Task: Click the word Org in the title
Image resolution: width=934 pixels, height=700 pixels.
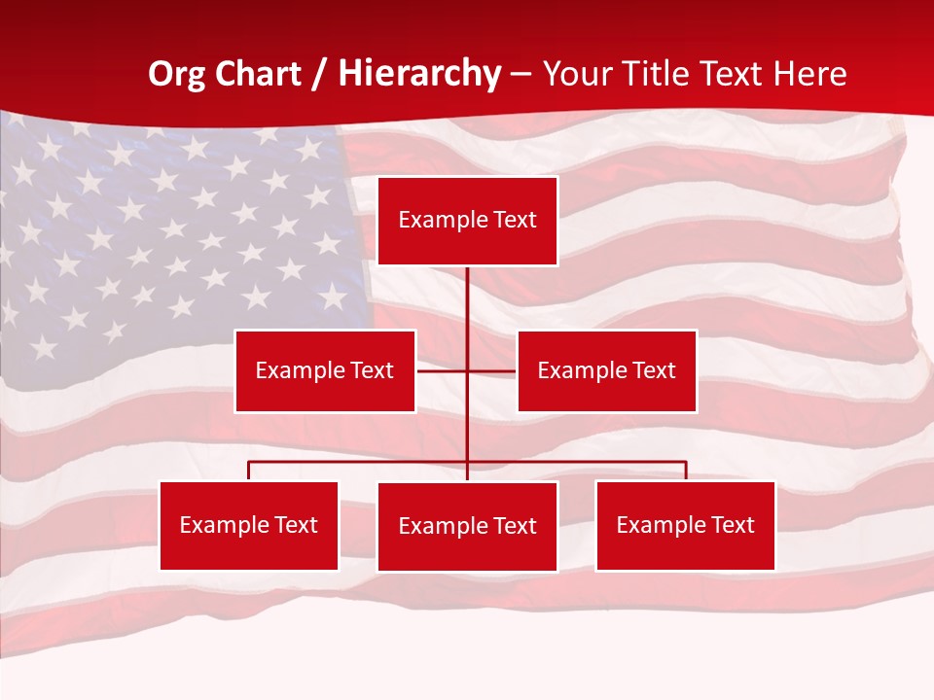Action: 176,74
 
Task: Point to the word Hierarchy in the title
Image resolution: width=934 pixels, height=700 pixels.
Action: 419,74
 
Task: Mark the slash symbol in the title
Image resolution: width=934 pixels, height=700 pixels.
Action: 319,74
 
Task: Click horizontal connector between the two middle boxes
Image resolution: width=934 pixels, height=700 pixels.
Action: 443,370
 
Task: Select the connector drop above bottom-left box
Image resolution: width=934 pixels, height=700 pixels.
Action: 248,471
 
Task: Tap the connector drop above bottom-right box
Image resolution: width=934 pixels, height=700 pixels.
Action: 686,471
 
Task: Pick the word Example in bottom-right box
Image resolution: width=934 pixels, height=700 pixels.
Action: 657,525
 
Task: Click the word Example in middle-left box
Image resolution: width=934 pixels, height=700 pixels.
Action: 296,370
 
